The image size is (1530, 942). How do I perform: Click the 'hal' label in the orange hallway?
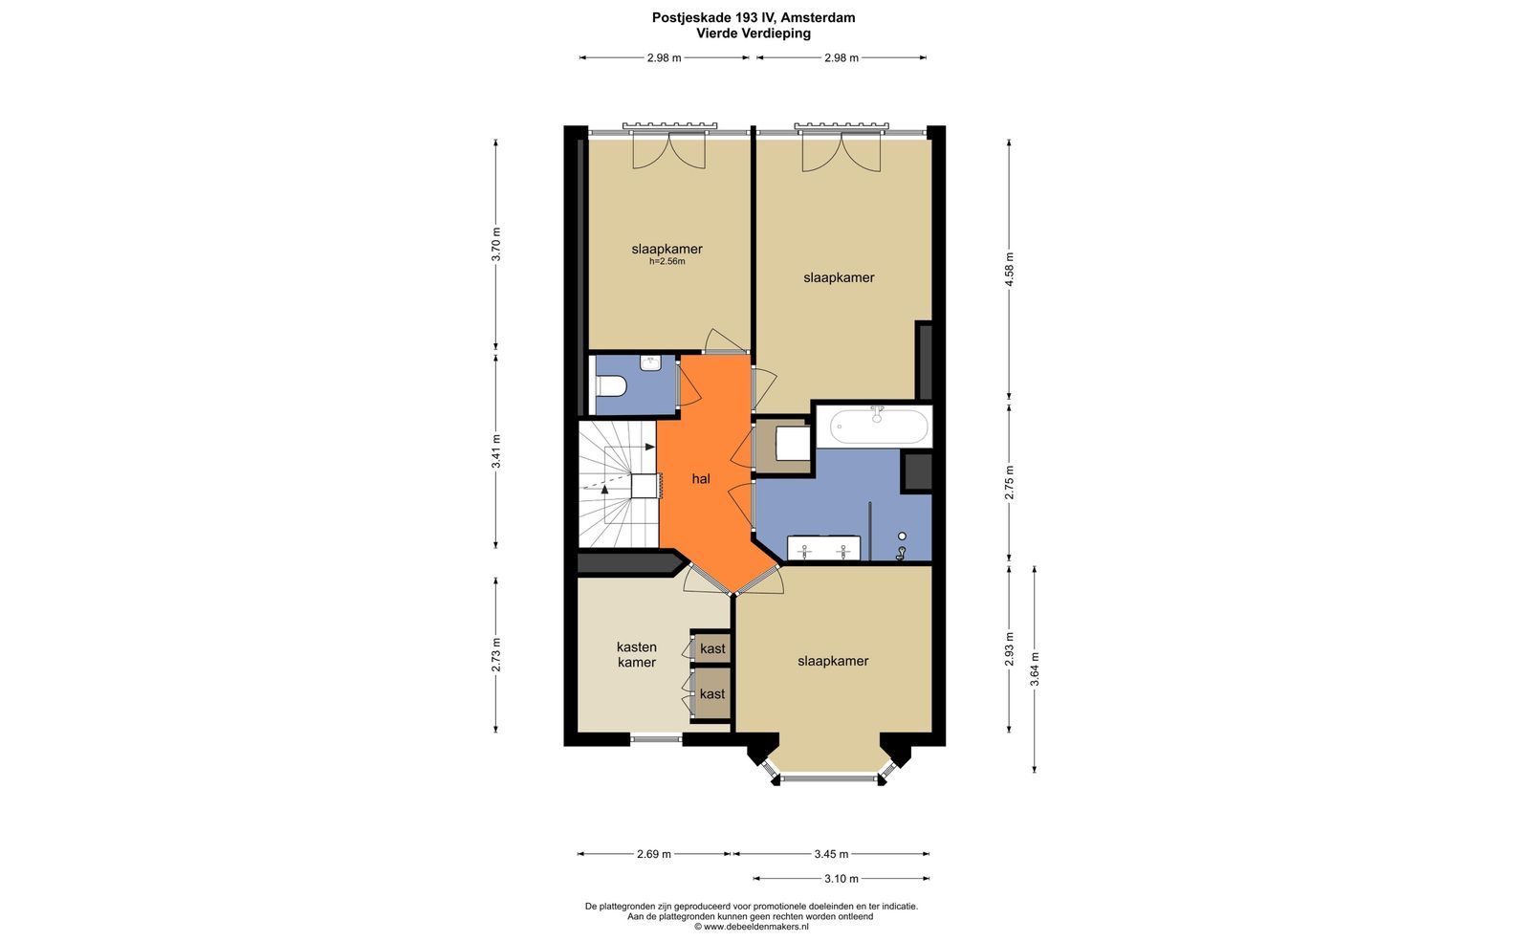(701, 479)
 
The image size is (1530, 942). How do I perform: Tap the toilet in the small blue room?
(611, 386)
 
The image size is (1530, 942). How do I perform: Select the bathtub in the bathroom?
(879, 427)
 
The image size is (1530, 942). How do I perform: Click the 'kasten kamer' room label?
(637, 654)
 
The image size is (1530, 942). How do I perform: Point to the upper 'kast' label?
(712, 648)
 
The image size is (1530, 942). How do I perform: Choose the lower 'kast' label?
(712, 694)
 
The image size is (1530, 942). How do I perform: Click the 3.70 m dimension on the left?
(496, 244)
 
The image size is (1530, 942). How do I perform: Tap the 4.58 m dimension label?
(1010, 269)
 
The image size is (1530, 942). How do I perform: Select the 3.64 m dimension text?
(1036, 668)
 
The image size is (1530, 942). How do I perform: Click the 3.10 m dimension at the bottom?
(841, 879)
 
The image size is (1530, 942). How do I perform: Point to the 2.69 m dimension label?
(654, 854)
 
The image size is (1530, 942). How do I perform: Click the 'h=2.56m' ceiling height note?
(667, 261)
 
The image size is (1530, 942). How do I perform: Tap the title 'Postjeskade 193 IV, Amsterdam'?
(754, 18)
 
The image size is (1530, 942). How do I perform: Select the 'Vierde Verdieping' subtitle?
(754, 33)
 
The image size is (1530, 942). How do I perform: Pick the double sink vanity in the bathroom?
(823, 548)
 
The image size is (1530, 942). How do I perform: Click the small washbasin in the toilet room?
(650, 362)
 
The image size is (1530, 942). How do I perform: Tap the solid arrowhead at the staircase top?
(650, 447)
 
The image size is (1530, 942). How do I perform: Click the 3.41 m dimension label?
(496, 451)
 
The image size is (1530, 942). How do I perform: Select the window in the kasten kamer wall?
(656, 737)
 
